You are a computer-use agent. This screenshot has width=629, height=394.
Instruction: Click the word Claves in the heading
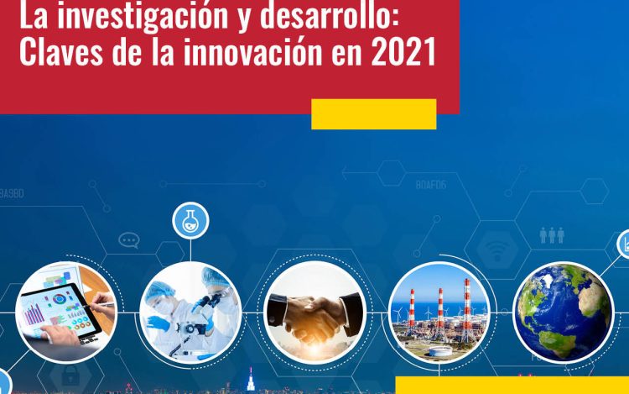[61, 51]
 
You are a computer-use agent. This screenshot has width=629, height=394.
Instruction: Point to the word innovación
[252, 51]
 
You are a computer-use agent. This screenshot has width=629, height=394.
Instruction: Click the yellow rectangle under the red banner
[373, 114]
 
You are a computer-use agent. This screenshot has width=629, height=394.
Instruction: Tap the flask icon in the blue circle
[190, 221]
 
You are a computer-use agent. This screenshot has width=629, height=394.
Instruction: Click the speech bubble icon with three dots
[129, 240]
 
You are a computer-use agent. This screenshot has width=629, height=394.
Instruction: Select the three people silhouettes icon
[552, 235]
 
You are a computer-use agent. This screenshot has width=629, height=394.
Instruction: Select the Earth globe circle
[564, 313]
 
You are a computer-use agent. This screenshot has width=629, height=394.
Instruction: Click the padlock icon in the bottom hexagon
[70, 376]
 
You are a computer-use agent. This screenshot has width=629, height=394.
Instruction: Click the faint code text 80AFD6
[431, 185]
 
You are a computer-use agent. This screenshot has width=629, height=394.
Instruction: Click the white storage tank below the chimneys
[440, 352]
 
